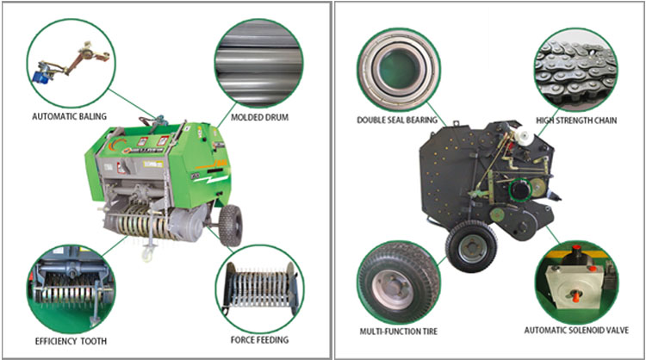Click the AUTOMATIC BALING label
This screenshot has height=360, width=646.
[69, 116]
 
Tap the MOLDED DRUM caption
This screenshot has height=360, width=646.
[259, 117]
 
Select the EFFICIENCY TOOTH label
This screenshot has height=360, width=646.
[71, 341]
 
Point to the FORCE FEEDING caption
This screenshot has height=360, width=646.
[259, 340]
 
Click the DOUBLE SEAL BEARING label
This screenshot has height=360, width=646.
[397, 120]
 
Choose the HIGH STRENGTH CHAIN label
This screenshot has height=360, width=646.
[576, 121]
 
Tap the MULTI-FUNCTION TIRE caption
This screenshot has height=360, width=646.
[399, 332]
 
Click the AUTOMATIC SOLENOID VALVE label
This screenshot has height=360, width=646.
[576, 330]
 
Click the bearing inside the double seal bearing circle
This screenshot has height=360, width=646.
[399, 69]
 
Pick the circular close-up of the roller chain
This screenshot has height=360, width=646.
[576, 69]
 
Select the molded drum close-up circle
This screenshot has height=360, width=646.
[258, 63]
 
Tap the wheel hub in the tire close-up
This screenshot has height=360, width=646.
[393, 288]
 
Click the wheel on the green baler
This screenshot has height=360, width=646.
[230, 225]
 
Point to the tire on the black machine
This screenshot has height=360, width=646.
[471, 246]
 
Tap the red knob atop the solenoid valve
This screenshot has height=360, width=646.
[576, 249]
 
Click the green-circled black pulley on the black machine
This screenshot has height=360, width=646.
[521, 189]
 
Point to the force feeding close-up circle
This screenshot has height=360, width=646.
[259, 289]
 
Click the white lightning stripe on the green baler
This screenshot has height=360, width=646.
[211, 178]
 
